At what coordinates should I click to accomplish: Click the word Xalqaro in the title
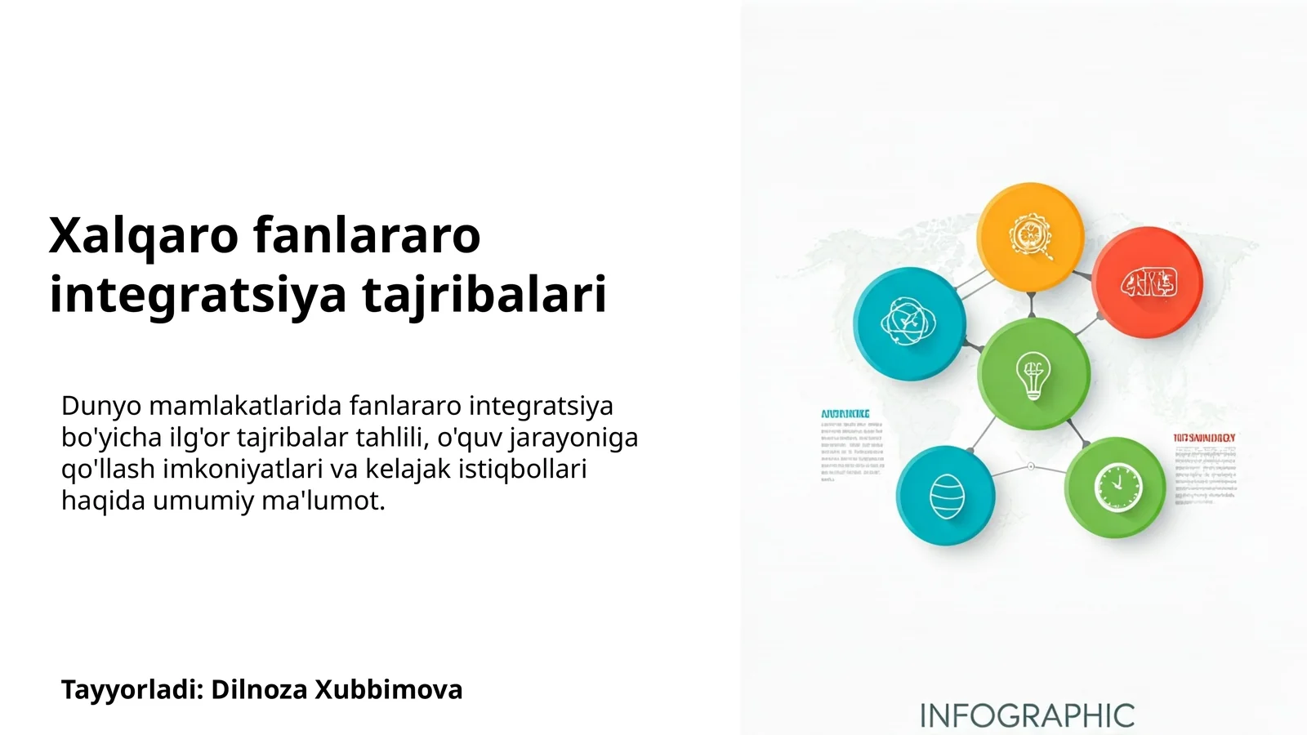pyautogui.click(x=143, y=237)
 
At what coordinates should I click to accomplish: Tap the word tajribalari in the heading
pyautogui.click(x=484, y=295)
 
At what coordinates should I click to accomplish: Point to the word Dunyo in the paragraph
pyautogui.click(x=101, y=406)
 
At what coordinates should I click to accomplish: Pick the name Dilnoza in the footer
pyautogui.click(x=260, y=690)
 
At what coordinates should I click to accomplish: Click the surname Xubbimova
pyautogui.click(x=389, y=690)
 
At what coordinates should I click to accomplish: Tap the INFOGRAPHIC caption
pyautogui.click(x=1027, y=716)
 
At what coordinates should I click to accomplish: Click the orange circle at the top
pyautogui.click(x=1030, y=237)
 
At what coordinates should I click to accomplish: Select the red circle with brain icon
pyautogui.click(x=1148, y=283)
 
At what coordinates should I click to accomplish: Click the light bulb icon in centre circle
pyautogui.click(x=1033, y=375)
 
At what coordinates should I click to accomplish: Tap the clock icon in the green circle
pyautogui.click(x=1117, y=488)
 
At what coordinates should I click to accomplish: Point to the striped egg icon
pyautogui.click(x=947, y=496)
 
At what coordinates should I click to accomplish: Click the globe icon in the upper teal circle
pyautogui.click(x=908, y=322)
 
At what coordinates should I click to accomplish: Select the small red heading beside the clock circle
pyautogui.click(x=1204, y=439)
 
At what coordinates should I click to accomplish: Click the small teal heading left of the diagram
pyautogui.click(x=845, y=414)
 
